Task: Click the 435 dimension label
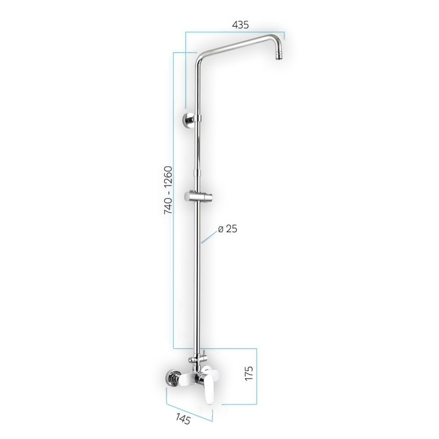point(241,25)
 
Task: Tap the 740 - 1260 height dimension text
point(168,190)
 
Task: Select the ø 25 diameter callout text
point(227,229)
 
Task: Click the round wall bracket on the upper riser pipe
point(191,119)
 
